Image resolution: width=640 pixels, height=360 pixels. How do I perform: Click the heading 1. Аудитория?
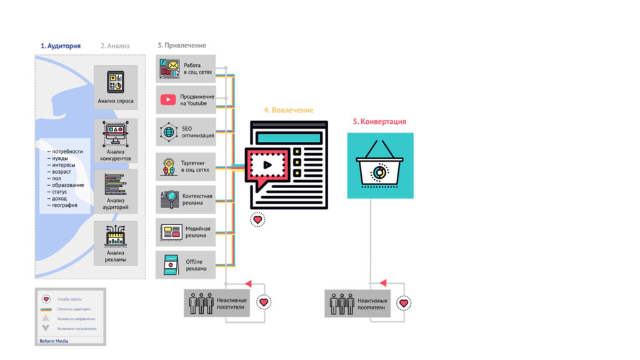pos(61,46)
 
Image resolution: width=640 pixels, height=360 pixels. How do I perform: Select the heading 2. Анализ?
pos(115,46)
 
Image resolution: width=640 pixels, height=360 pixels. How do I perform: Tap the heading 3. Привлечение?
pos(182,46)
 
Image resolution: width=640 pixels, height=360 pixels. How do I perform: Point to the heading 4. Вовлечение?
pos(288,110)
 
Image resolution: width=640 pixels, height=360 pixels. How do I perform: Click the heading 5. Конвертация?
pos(379,121)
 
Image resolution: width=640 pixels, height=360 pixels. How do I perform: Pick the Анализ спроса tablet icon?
pos(116,82)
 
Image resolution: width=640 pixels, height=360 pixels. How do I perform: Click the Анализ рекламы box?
pos(116,243)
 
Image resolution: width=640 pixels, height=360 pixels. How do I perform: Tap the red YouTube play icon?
pos(168,99)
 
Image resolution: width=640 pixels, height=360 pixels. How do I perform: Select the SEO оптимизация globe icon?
pos(169,132)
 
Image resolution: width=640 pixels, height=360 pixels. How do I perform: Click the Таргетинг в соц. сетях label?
pos(195,166)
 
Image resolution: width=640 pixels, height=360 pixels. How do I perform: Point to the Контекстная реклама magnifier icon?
pos(169,199)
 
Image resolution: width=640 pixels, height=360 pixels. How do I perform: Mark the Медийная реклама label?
pos(197,232)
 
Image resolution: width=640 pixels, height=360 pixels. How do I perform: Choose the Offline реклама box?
pos(186,264)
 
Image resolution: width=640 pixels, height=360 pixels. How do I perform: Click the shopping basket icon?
pos(379,166)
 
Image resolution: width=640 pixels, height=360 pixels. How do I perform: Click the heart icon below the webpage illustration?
pos(257,219)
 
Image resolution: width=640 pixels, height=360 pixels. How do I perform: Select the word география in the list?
pos(64,206)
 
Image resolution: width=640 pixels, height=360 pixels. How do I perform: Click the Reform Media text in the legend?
pos(54,341)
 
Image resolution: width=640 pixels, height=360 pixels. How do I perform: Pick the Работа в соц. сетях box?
pos(186,69)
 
